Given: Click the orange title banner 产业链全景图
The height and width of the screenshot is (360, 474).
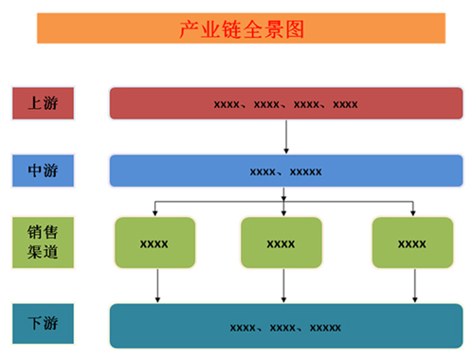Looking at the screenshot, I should pyautogui.click(x=241, y=29).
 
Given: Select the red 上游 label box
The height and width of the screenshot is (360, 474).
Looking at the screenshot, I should pyautogui.click(x=44, y=103).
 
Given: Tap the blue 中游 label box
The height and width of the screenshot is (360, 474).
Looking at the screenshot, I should pyautogui.click(x=44, y=171).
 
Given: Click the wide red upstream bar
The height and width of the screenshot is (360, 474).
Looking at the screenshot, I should pyautogui.click(x=285, y=103).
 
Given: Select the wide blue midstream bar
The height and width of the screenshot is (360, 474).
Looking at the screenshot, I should pyautogui.click(x=285, y=171).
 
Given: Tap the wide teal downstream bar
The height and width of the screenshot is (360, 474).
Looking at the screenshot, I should pyautogui.click(x=285, y=326).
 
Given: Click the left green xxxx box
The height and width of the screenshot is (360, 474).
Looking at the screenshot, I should pyautogui.click(x=155, y=243).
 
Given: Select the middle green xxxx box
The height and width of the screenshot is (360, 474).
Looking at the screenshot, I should pyautogui.click(x=282, y=243).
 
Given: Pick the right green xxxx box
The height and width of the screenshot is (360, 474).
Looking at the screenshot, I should pyautogui.click(x=412, y=243).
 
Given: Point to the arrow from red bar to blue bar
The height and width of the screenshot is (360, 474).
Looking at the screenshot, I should pyautogui.click(x=285, y=136).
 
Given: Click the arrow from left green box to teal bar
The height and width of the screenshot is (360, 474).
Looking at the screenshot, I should pyautogui.click(x=157, y=285).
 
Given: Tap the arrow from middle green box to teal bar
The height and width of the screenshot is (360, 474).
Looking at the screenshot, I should pyautogui.click(x=283, y=285).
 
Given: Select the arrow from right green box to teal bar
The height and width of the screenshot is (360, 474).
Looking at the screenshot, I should pyautogui.click(x=415, y=285).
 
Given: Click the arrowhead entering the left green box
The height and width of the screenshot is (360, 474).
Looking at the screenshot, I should pyautogui.click(x=155, y=212).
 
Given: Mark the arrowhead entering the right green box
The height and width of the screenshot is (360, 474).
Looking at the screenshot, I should pyautogui.click(x=413, y=212).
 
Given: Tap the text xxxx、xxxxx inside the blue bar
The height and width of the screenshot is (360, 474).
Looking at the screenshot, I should pyautogui.click(x=285, y=171).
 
